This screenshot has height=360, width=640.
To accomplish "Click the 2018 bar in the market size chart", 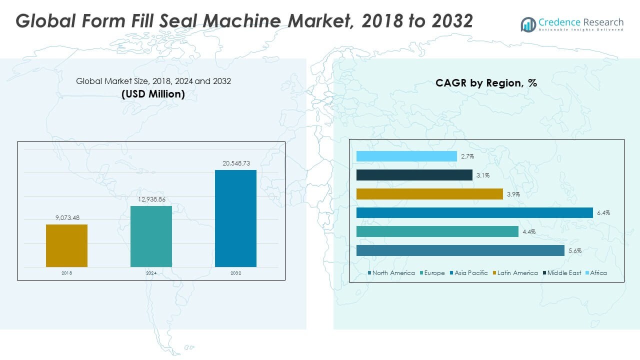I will [66, 245].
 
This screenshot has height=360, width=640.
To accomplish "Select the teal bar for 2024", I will [151, 236].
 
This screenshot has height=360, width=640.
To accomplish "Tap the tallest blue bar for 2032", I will [235, 218].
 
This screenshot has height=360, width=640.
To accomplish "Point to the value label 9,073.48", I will [66, 217].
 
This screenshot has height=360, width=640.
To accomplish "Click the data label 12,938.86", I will [151, 199].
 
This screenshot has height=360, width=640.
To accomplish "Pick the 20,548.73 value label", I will [235, 163].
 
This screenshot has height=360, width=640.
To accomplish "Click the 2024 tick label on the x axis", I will [151, 273].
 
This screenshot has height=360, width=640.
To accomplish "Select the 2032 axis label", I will [235, 273].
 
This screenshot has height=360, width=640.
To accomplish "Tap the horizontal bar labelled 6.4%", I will [474, 213].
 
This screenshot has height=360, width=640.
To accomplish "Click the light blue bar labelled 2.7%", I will [406, 156].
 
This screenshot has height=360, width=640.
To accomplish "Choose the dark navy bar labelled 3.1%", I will [414, 175].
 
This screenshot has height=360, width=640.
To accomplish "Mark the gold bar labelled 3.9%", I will [429, 194].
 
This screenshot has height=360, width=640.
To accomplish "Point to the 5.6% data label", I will [575, 251].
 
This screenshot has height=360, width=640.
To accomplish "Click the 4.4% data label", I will [529, 232].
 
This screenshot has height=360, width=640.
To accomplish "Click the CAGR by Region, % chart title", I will [486, 83].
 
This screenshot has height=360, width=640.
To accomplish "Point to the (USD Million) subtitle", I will [153, 94].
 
